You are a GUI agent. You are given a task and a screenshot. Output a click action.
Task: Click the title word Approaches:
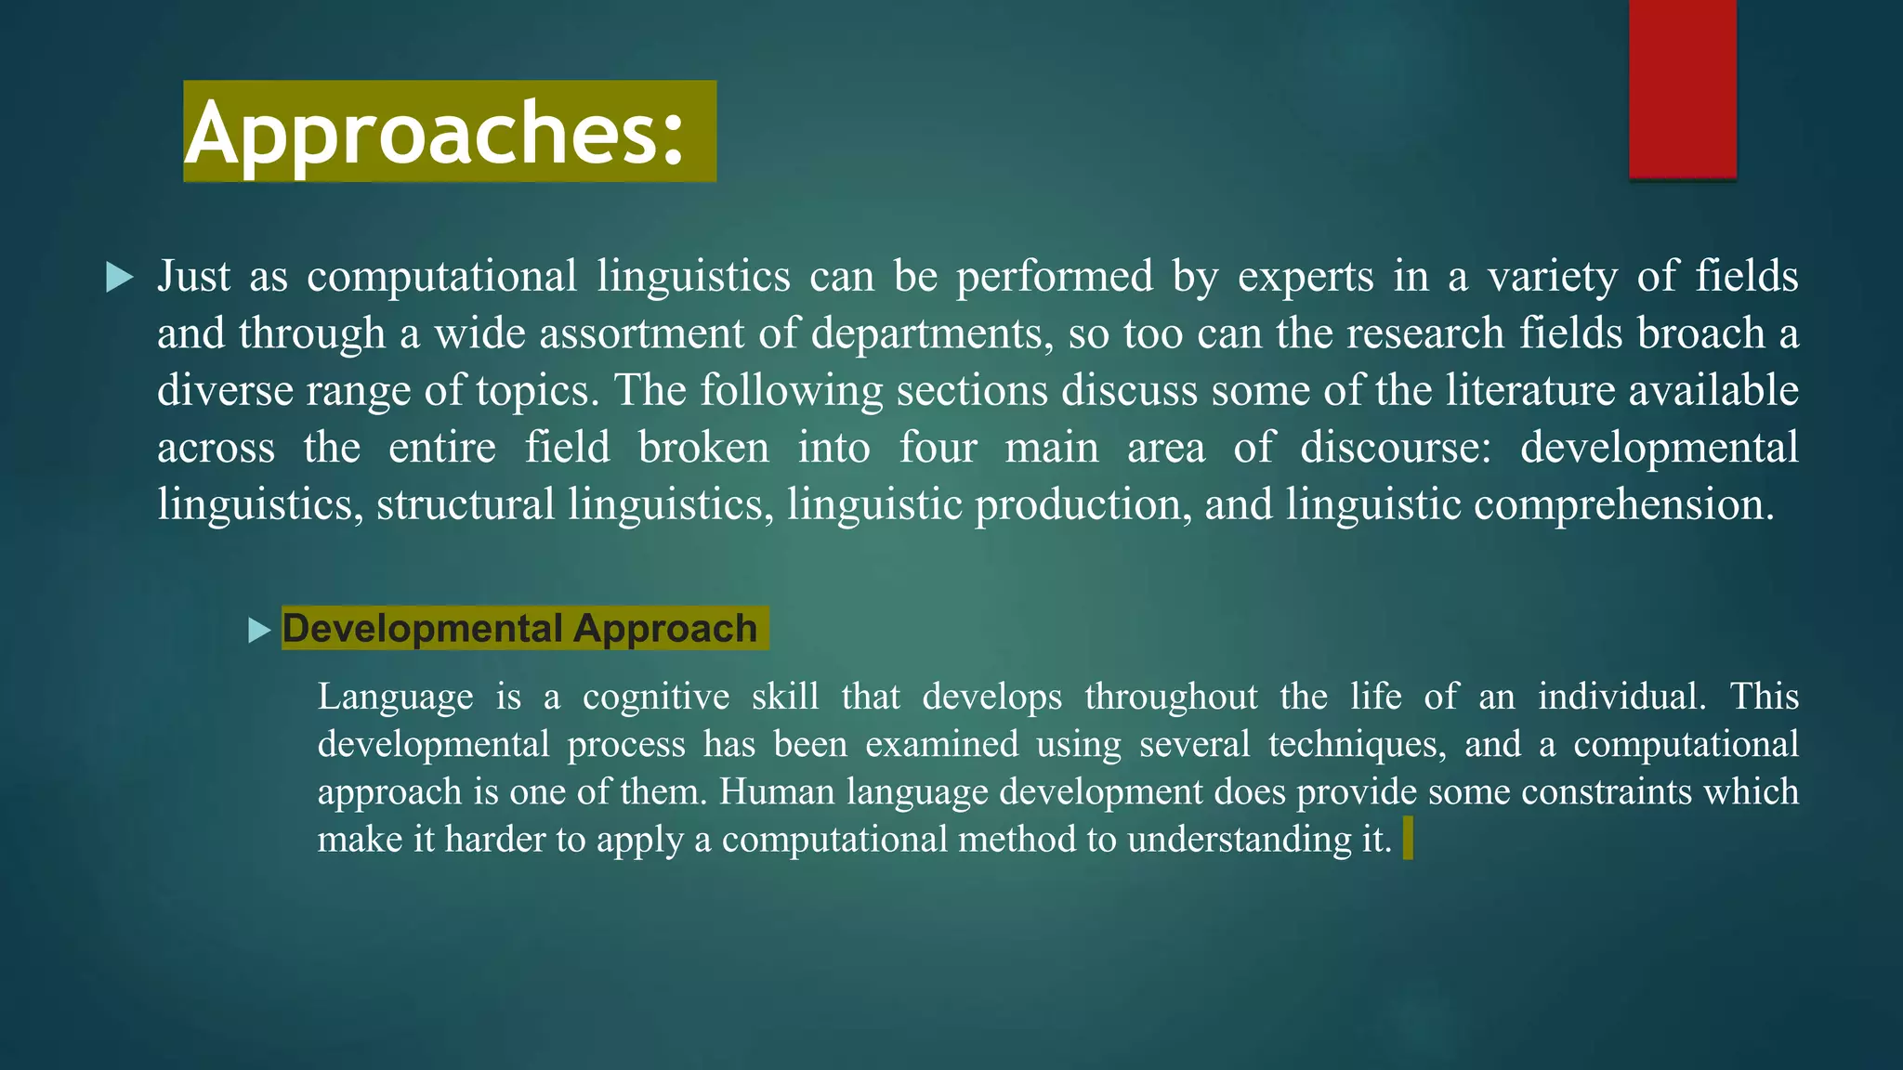[x=435, y=133]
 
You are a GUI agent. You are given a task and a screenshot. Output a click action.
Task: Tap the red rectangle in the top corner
[x=1682, y=88]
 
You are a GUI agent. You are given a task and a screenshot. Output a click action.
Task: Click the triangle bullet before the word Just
[x=120, y=277]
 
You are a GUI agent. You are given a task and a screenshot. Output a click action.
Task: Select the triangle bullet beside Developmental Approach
[x=259, y=631]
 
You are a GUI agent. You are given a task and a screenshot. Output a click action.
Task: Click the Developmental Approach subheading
[x=519, y=628]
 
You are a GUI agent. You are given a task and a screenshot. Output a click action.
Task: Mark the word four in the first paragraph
[x=938, y=448]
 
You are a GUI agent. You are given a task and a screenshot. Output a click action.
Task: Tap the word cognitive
[x=656, y=697]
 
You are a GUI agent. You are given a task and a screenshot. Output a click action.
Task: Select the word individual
[x=1621, y=697]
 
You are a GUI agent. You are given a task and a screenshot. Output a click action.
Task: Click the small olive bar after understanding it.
[x=1408, y=838]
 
